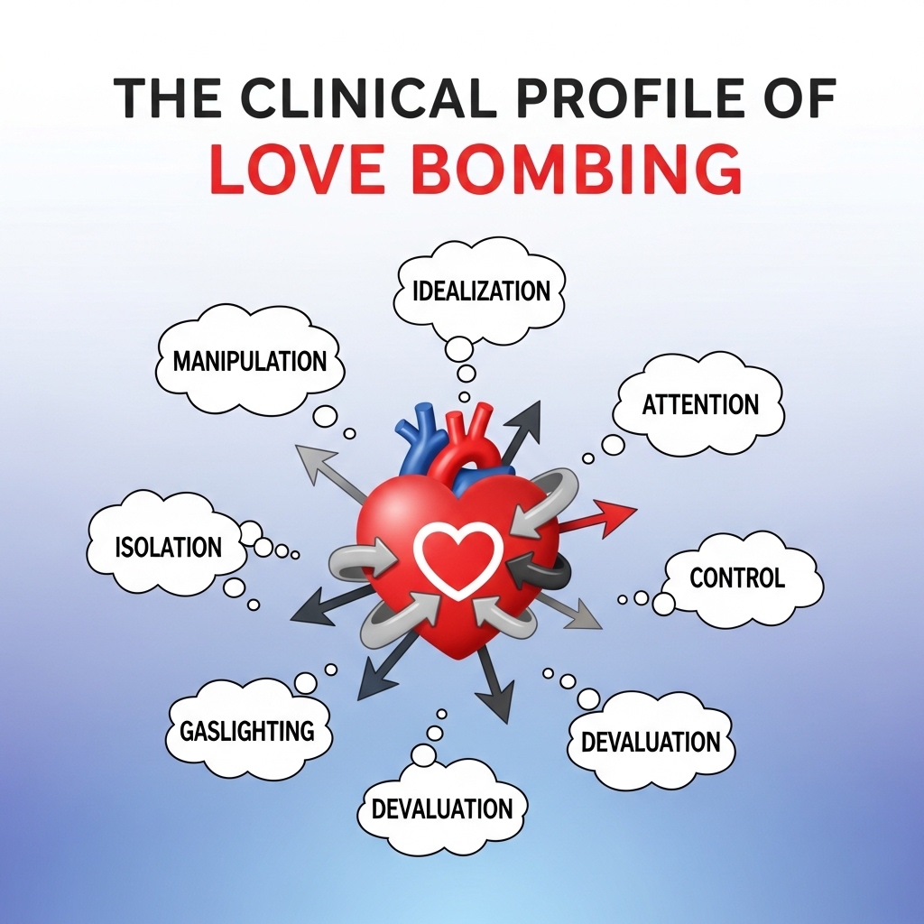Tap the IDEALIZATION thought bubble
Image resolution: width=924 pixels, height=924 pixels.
(481, 291)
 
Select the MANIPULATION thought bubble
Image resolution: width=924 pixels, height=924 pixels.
(249, 361)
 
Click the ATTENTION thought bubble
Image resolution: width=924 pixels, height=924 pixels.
(699, 403)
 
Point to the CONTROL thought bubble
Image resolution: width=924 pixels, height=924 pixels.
(738, 577)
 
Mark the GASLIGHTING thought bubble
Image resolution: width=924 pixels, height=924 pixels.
(245, 729)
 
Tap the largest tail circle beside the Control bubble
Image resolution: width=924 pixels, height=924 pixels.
(663, 604)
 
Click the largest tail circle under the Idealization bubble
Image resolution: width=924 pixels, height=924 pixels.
(459, 347)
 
